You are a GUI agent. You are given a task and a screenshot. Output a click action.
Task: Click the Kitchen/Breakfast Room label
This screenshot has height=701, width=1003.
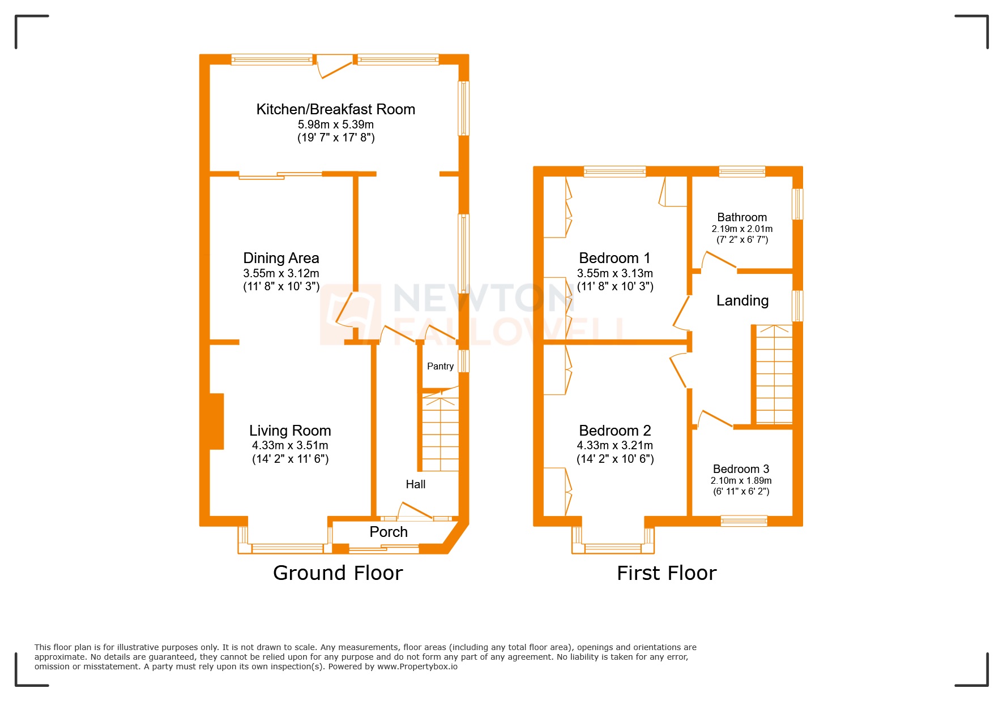click(335, 109)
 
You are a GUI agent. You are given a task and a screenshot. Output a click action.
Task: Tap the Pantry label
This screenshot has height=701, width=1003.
click(440, 366)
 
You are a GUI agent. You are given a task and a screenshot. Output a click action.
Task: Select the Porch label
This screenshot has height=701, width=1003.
click(389, 532)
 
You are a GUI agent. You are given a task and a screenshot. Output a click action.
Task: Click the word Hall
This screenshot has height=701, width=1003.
click(415, 484)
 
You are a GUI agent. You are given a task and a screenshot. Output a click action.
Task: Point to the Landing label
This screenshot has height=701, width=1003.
click(742, 300)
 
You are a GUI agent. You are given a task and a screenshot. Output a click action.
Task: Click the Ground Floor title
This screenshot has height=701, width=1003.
click(338, 573)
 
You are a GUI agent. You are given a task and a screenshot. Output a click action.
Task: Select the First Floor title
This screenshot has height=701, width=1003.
click(666, 573)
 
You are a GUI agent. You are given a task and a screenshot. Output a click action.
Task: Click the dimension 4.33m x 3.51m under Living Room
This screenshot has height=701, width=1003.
click(290, 445)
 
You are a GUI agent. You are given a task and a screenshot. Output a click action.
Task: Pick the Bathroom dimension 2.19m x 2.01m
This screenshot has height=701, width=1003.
click(742, 229)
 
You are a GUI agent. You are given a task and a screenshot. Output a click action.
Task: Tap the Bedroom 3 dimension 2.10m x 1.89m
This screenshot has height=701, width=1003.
click(741, 480)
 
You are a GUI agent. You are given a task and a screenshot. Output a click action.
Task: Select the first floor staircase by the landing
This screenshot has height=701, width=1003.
click(774, 375)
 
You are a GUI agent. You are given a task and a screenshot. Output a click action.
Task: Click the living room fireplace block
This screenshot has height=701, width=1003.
click(217, 422)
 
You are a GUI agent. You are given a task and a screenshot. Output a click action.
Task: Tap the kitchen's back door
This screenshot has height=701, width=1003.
click(334, 66)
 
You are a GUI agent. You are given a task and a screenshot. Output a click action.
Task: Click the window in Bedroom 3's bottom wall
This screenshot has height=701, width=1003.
click(744, 521)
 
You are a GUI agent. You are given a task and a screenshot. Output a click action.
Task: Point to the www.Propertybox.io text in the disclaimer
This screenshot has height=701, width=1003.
click(417, 666)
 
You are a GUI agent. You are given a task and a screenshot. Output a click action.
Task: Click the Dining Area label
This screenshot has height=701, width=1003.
click(281, 258)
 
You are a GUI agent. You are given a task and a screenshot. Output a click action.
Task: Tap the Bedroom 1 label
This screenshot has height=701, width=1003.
click(614, 258)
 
